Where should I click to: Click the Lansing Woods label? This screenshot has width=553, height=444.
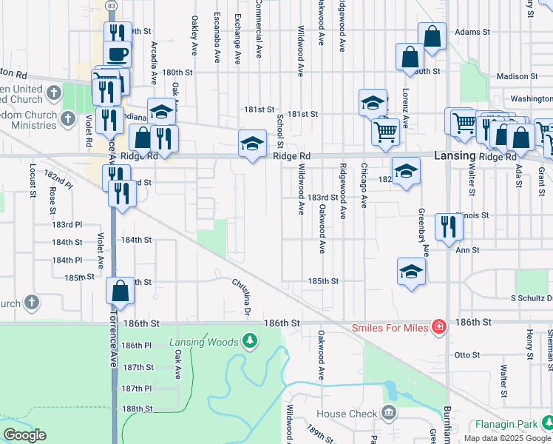tap(203, 341)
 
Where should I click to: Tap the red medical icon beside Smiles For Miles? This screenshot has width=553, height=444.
tap(438, 326)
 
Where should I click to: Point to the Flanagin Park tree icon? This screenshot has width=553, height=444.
tap(547, 423)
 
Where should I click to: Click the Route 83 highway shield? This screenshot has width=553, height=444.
tap(111, 5)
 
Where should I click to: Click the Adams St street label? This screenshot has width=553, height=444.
tap(472, 33)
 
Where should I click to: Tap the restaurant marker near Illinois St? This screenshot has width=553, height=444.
tap(449, 226)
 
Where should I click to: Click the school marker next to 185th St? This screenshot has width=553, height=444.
tap(411, 271)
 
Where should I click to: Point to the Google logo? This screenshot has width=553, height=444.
tap(24, 435)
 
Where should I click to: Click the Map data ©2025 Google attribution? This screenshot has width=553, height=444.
tap(507, 438)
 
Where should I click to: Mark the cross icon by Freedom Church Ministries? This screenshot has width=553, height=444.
tap(67, 118)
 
